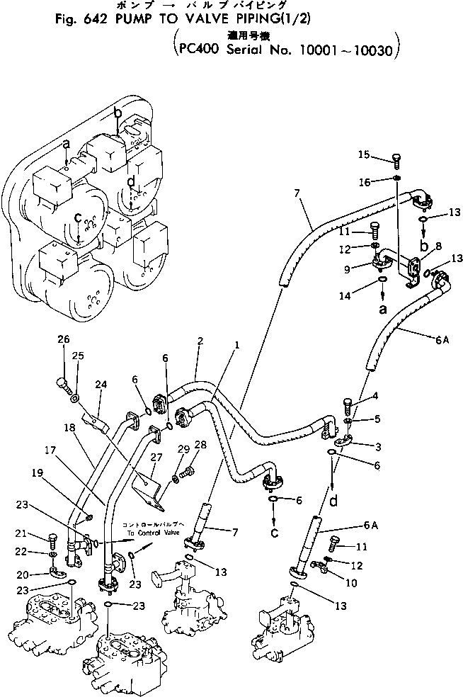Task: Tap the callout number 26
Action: point(64,339)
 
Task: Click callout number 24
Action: point(101,385)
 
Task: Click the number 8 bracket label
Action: point(438,245)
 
